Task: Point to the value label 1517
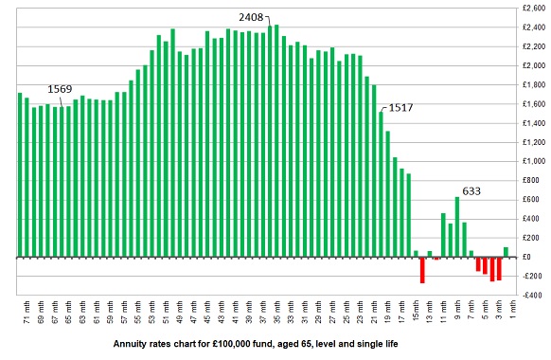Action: click(x=400, y=107)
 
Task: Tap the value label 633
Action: click(x=471, y=190)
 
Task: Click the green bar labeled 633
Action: click(x=457, y=226)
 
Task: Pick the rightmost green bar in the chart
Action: click(x=506, y=252)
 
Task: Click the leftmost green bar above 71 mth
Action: click(x=20, y=174)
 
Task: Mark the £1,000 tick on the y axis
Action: click(x=532, y=161)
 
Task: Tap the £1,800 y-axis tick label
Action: click(x=532, y=84)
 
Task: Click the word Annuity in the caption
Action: click(x=133, y=343)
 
